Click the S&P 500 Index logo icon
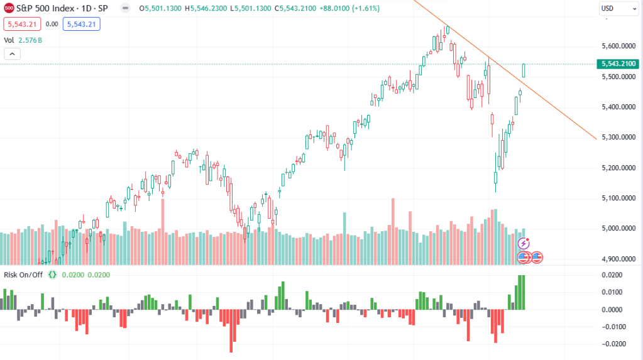[9, 8]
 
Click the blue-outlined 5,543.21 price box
[81, 24]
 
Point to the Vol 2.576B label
[23, 40]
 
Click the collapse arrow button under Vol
[12, 54]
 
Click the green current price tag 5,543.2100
[618, 63]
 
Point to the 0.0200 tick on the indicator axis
[619, 275]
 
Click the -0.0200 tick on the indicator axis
[618, 344]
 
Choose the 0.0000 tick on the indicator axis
[619, 310]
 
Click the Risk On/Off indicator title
[24, 275]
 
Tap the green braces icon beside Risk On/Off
[52, 275]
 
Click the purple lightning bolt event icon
[524, 243]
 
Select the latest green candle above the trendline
[524, 70]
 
